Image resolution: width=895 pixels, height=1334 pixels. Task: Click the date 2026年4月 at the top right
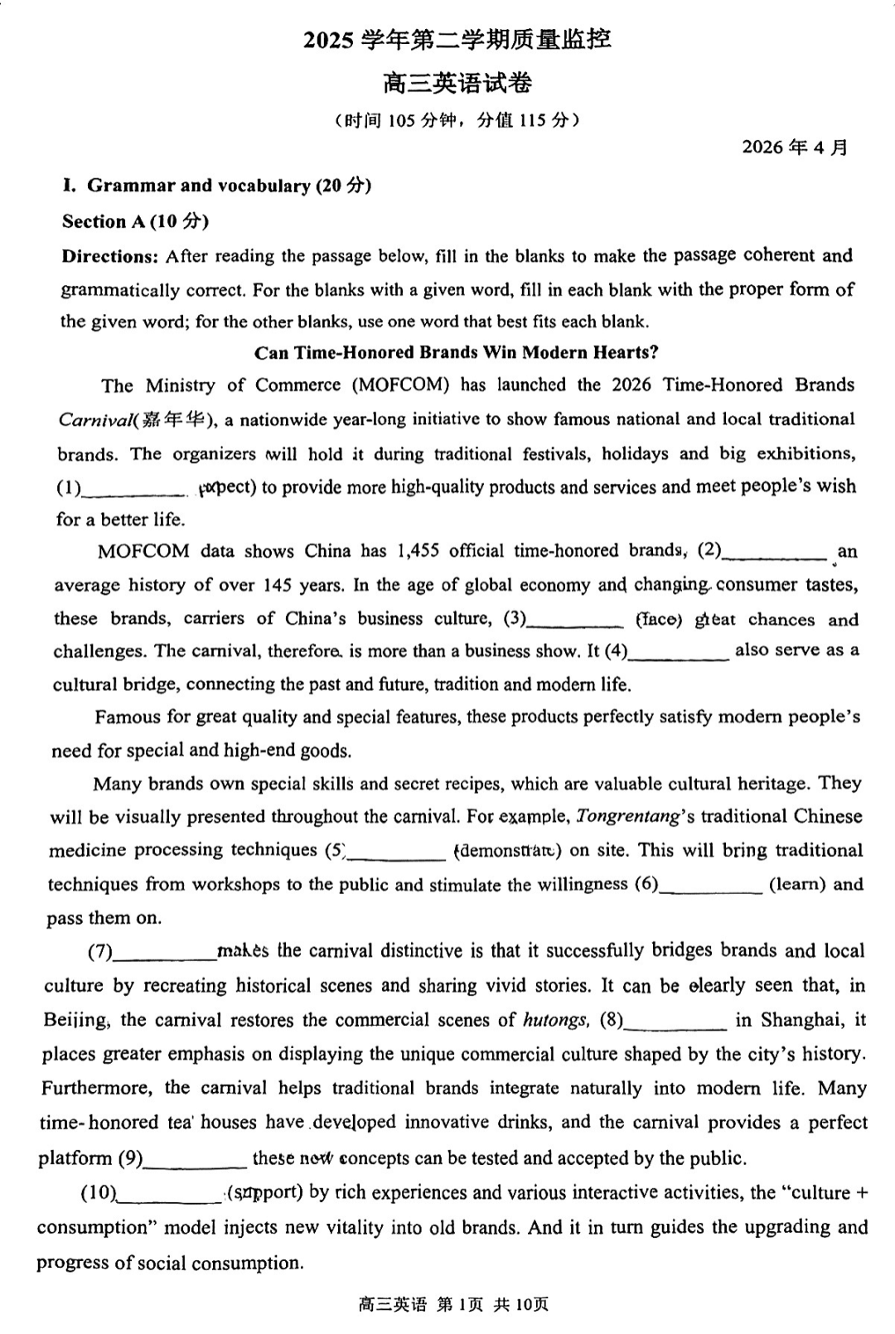pos(794,147)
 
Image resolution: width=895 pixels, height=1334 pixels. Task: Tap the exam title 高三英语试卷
pos(457,83)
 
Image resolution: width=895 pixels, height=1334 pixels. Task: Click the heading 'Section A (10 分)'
pos(135,221)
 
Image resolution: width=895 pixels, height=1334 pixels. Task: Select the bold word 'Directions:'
pos(109,256)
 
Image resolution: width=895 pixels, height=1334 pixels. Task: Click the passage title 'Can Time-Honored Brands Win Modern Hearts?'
pos(456,353)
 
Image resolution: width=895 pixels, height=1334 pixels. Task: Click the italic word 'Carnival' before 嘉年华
pos(94,420)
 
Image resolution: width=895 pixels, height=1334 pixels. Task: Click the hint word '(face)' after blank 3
pos(659,620)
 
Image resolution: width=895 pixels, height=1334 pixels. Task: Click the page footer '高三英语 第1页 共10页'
pos(453,1305)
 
